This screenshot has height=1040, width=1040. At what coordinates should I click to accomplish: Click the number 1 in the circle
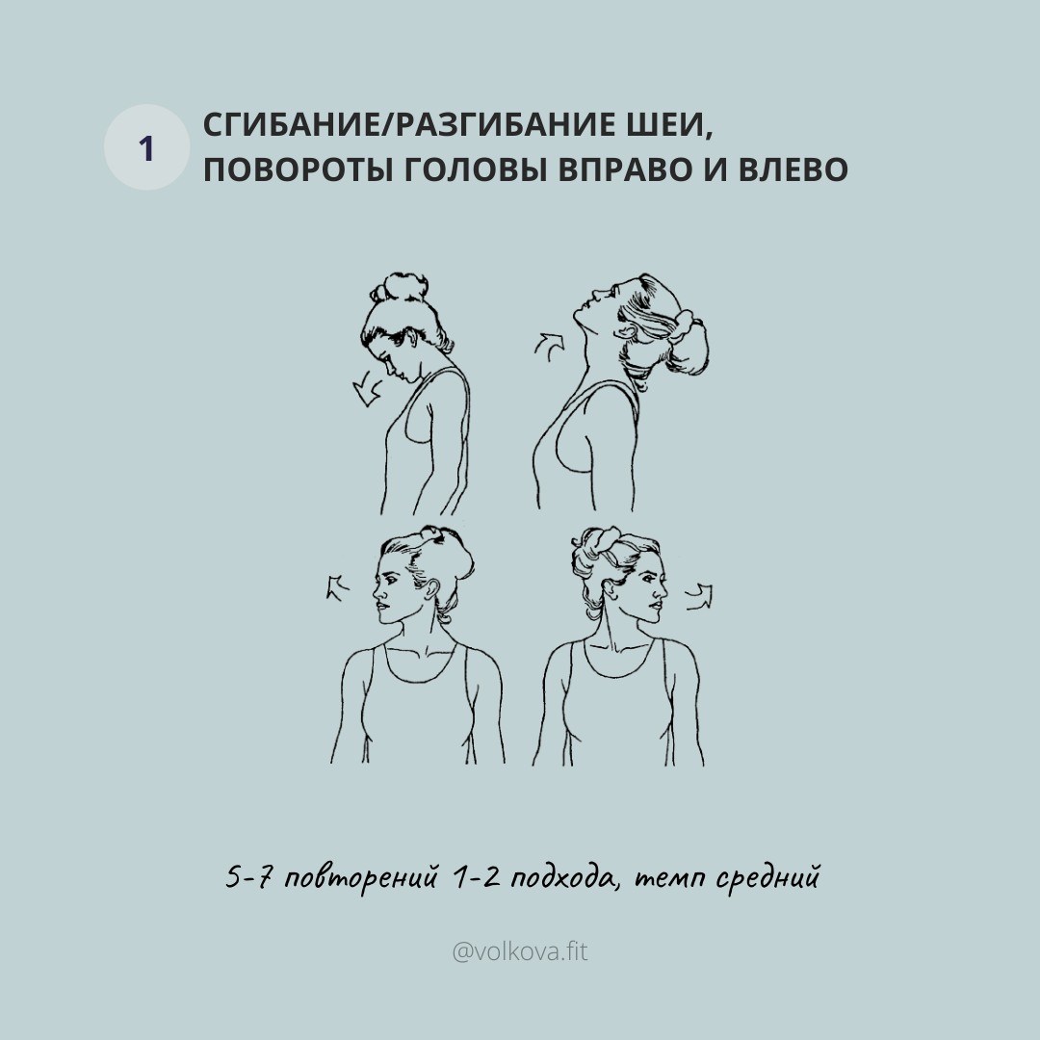click(146, 148)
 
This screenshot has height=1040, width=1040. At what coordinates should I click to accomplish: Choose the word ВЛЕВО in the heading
click(793, 169)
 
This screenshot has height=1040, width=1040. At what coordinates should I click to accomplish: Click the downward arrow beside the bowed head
click(366, 391)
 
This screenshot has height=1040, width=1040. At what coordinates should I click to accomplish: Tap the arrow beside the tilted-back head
click(550, 344)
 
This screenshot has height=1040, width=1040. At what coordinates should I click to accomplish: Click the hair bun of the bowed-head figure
click(398, 286)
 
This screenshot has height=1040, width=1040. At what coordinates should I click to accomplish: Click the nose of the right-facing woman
click(663, 586)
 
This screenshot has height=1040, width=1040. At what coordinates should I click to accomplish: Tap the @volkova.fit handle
click(520, 952)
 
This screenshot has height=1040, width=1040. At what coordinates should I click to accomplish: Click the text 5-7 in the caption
click(246, 878)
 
